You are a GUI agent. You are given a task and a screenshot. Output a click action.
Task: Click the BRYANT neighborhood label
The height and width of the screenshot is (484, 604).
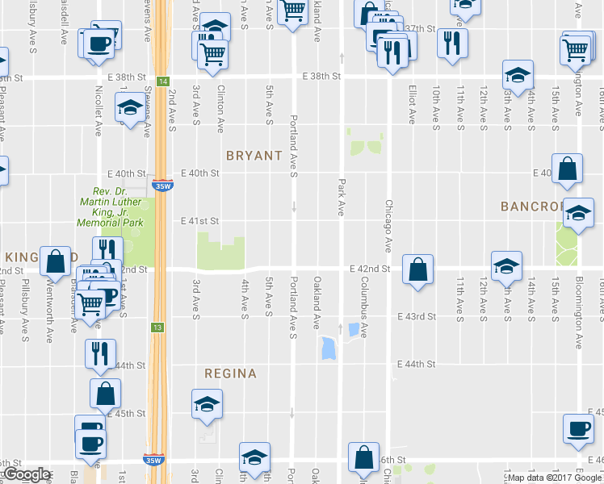click(254, 155)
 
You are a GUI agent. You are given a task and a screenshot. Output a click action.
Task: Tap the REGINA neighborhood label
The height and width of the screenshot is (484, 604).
click(230, 373)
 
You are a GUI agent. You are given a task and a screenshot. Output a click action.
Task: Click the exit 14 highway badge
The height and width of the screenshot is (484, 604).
click(163, 81)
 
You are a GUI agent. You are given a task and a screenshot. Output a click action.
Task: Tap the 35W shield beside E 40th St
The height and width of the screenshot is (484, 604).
click(164, 184)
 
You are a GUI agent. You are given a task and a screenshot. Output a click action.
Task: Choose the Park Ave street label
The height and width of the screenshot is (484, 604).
click(341, 198)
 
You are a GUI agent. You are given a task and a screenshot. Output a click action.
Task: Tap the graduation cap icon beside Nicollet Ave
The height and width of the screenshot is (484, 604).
click(128, 108)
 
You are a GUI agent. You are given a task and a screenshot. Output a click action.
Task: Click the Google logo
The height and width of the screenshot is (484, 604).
click(26, 474)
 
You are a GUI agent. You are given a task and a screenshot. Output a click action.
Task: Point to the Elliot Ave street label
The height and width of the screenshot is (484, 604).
click(412, 104)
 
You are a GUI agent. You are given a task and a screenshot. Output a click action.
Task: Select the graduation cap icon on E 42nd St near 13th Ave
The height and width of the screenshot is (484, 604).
click(506, 266)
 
